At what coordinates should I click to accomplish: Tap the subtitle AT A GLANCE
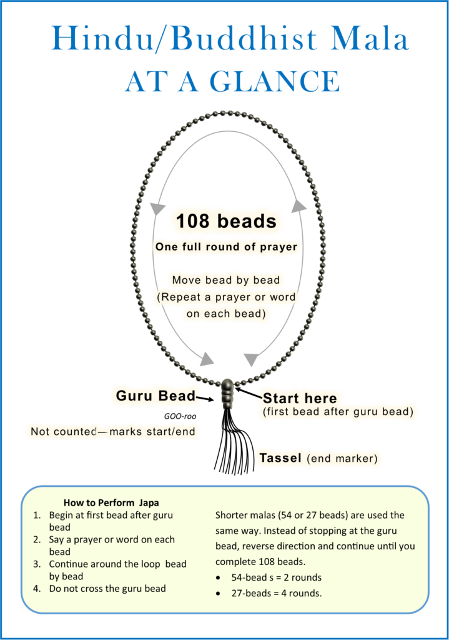tap(232, 82)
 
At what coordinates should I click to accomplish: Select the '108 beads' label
tap(226, 221)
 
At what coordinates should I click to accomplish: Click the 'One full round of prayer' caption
tap(226, 247)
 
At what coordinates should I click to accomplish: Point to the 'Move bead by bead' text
tap(226, 280)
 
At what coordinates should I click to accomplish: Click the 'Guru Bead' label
tap(155, 396)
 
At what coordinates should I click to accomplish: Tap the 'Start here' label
tap(300, 398)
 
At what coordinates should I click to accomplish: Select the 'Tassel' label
tap(281, 458)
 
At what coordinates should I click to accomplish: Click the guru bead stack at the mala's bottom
tap(227, 393)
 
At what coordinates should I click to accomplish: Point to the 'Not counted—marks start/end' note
tap(113, 431)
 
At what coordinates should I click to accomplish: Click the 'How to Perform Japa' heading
tap(111, 502)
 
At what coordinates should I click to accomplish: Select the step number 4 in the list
tap(37, 588)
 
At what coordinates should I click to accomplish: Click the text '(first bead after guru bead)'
tap(338, 412)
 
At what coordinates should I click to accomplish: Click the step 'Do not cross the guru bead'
tap(107, 588)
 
